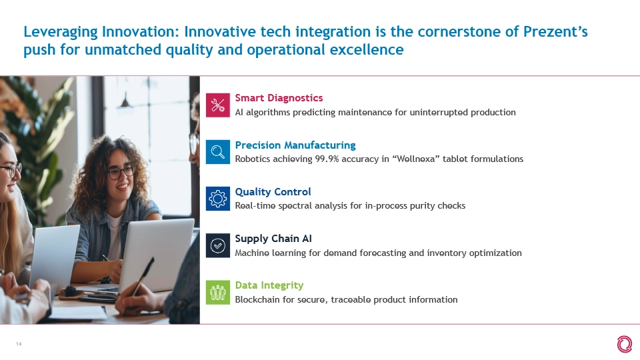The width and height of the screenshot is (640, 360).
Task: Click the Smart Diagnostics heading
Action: click(x=279, y=98)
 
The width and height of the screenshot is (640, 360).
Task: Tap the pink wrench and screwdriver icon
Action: click(x=218, y=105)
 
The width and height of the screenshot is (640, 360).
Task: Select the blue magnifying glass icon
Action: click(x=218, y=152)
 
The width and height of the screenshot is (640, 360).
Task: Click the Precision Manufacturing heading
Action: click(x=295, y=145)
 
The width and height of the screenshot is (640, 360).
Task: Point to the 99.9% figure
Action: click(x=327, y=159)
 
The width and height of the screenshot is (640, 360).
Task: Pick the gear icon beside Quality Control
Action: click(x=218, y=199)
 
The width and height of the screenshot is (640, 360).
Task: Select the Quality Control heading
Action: click(x=273, y=192)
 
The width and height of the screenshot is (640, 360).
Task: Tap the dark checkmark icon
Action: click(x=218, y=246)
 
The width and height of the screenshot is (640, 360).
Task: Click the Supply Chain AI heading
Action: click(x=273, y=239)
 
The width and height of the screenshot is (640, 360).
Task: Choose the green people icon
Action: click(x=218, y=292)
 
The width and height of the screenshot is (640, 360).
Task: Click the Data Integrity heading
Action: click(x=269, y=285)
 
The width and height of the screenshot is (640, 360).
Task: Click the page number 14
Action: click(x=19, y=344)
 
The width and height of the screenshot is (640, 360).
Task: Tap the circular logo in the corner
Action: click(x=625, y=344)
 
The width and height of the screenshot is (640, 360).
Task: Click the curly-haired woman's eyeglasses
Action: click(x=121, y=171)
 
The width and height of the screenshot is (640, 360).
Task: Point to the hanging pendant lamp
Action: click(x=125, y=101)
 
